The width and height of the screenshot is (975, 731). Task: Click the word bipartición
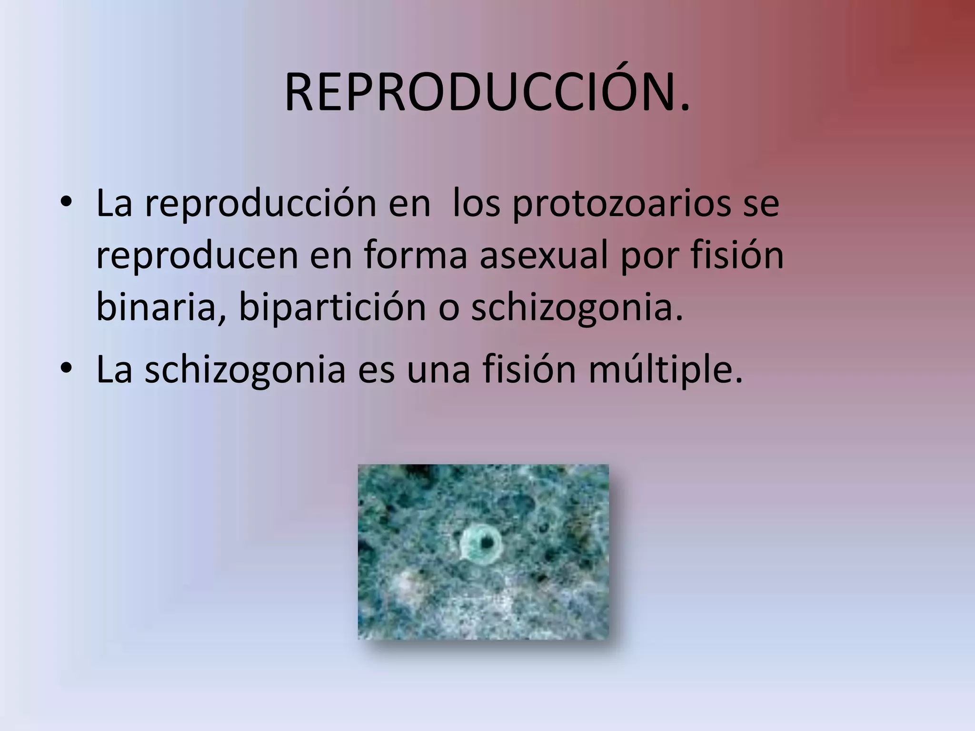332,307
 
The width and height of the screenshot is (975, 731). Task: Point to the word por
649,256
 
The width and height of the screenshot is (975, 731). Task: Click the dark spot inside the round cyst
487,542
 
